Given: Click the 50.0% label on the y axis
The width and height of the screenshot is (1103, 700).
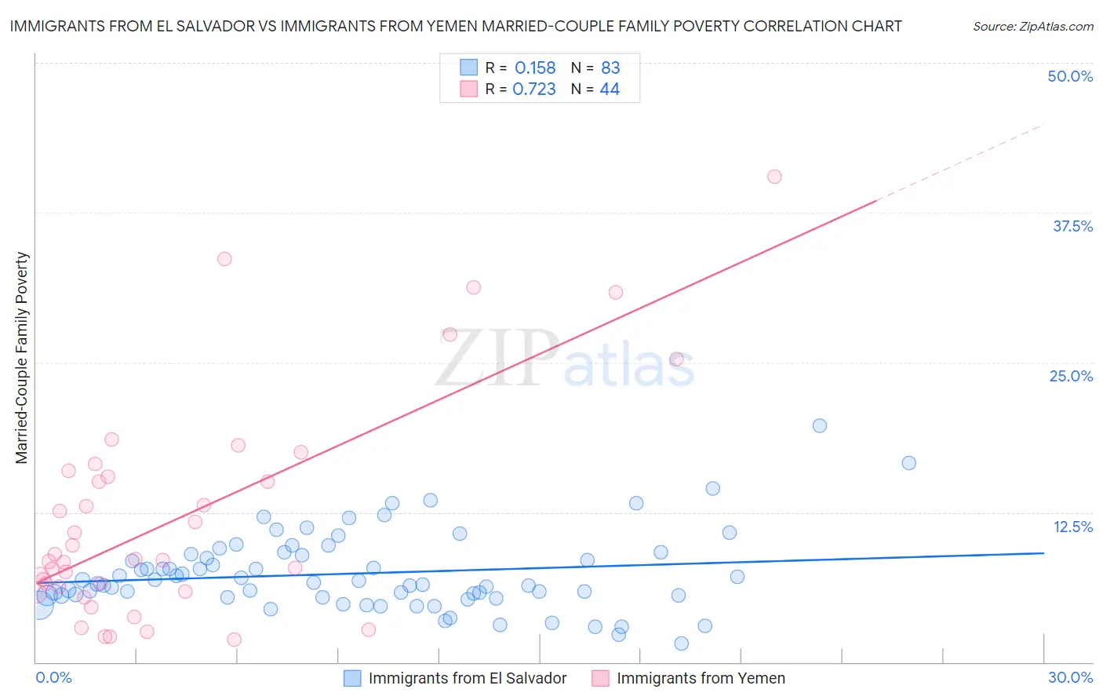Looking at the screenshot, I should point(1069,76).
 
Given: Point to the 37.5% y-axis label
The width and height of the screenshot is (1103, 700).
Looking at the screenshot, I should point(1072,226).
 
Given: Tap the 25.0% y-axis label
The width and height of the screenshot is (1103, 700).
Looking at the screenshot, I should point(1070,376).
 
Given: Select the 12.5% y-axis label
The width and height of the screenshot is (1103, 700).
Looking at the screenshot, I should point(1072,527).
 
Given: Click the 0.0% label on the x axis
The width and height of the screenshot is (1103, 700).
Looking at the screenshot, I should point(53,677).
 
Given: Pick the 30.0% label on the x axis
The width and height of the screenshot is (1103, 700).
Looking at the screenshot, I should point(1070,677).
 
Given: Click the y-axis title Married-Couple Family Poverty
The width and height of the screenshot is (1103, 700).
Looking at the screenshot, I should point(22,357).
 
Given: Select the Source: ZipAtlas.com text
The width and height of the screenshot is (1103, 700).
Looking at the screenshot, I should point(1032,27).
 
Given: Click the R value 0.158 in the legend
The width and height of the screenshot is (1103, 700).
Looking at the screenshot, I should point(535,68).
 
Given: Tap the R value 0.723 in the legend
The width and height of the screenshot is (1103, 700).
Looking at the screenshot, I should point(534,89).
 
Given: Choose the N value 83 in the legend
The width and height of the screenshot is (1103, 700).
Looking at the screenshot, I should point(610,68).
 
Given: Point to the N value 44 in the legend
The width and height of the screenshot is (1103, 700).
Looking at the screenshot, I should point(610,89).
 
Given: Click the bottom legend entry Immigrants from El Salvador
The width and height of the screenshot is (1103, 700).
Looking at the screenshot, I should point(467,678).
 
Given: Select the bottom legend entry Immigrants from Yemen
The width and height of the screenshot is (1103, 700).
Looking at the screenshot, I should point(700,678).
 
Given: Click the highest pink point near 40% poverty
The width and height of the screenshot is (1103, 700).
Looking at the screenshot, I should point(774,177).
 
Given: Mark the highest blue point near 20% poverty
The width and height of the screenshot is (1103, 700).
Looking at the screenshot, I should point(820,425).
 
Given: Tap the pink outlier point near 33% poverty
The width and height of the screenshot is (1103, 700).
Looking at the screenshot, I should point(224,259).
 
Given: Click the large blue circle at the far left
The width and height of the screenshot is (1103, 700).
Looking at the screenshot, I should point(39,605).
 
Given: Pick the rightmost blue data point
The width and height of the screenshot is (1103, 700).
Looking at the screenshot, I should point(908,463).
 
